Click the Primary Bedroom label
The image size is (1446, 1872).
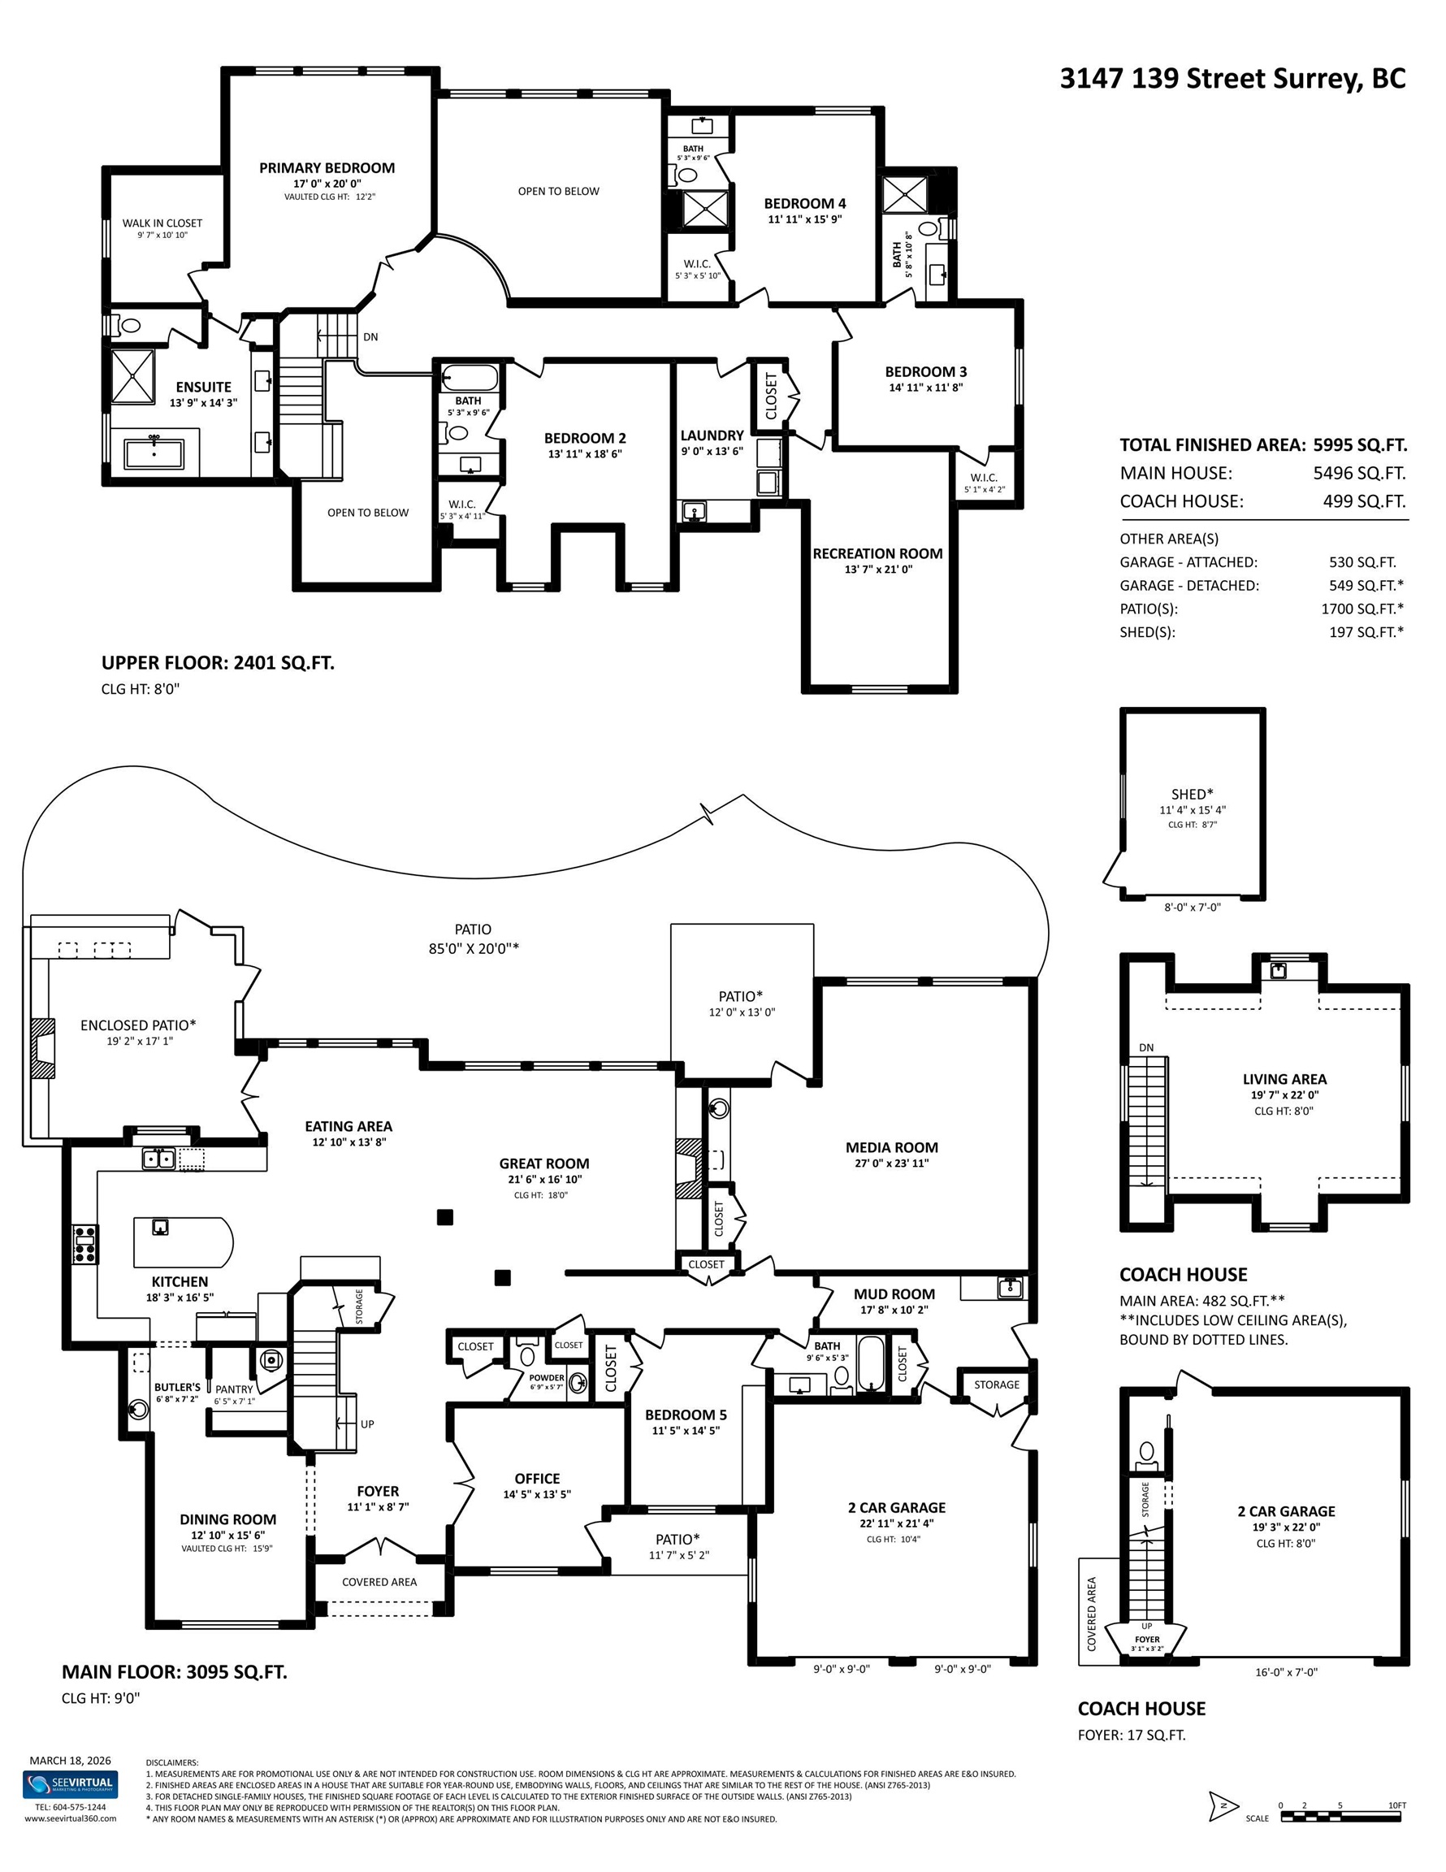point(327,168)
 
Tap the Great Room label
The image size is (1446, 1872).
point(544,1163)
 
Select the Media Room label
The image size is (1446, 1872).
point(891,1147)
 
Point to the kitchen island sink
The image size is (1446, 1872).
point(160,1227)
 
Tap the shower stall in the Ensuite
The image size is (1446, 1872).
point(133,375)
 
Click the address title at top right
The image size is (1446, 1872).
point(1232,79)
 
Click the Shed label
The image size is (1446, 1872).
point(1193,794)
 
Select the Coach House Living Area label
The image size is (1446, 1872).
point(1284,1079)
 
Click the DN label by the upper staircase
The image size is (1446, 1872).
point(370,337)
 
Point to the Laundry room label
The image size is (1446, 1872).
point(712,435)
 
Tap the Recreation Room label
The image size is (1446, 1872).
point(877,553)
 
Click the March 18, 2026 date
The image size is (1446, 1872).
point(71,1761)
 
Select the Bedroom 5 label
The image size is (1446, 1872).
point(686,1415)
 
